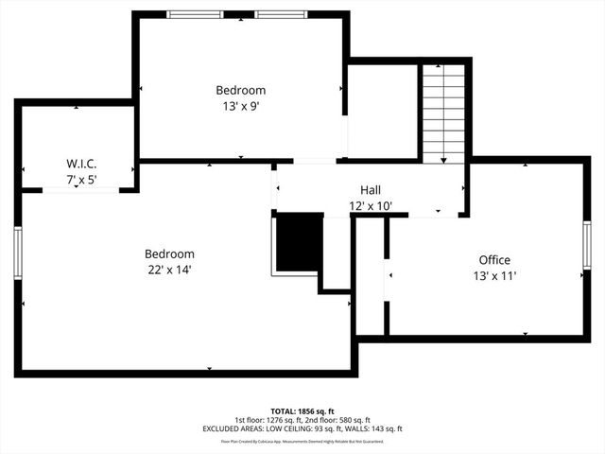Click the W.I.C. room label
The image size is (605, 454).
coord(81,163)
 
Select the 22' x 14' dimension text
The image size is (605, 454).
coord(169,270)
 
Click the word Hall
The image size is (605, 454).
coord(371,189)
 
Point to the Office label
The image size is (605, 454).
coord(494,260)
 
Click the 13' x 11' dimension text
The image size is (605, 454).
coord(494,276)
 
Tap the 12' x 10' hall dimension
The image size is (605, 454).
coord(371,205)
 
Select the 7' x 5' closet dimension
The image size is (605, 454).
coord(81,179)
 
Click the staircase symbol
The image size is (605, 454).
coord(443,113)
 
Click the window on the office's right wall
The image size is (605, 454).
coord(587,251)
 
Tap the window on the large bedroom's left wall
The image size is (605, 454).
coord(17,253)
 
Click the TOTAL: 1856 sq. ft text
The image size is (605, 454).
coord(302,412)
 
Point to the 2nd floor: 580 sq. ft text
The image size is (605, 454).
coord(337,421)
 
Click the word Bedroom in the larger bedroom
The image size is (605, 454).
coord(169,253)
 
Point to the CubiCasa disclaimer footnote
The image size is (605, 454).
coord(302,441)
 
